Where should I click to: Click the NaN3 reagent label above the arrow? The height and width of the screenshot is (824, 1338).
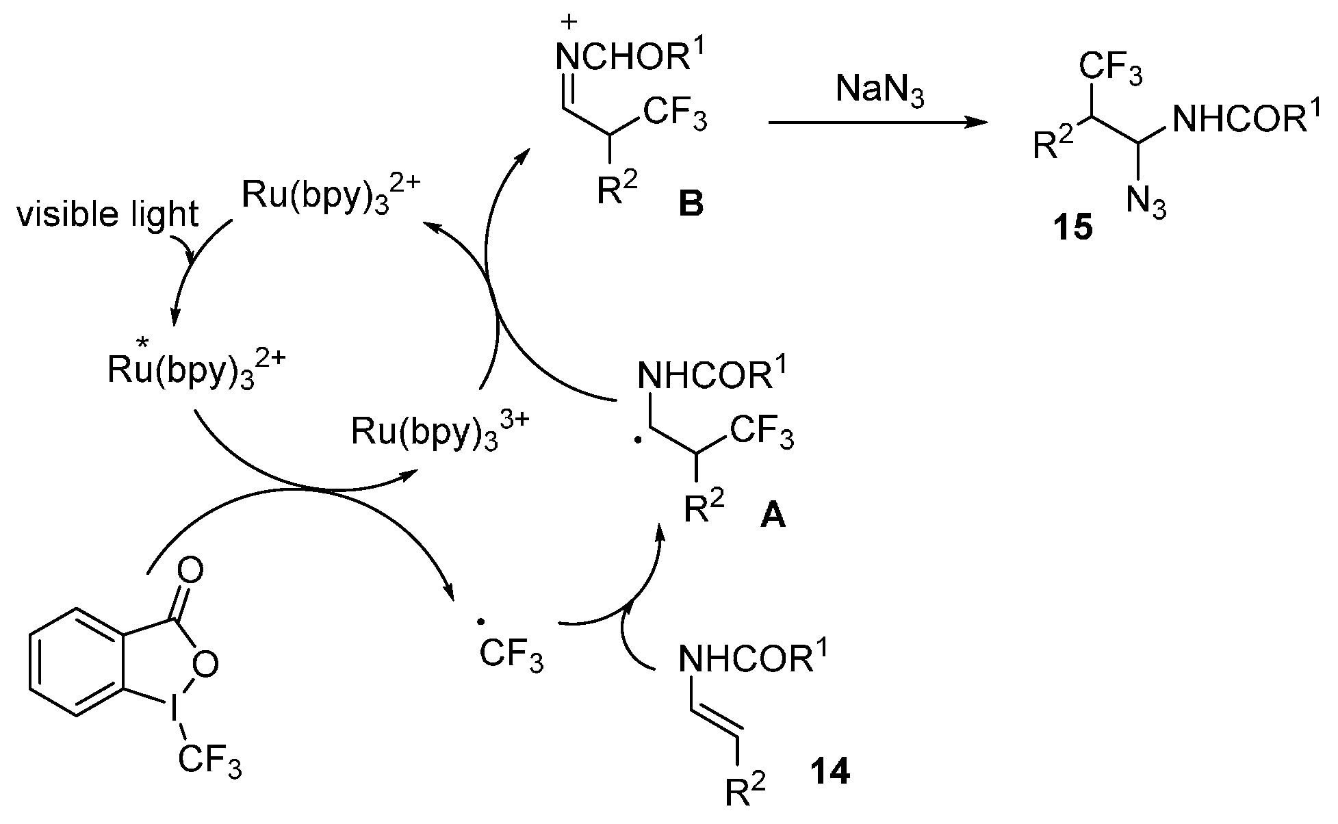[x=880, y=92]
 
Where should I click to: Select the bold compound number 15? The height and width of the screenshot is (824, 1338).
[x=1072, y=227]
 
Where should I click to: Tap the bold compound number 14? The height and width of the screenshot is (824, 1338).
[x=829, y=773]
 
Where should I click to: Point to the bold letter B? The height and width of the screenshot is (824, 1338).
[x=691, y=204]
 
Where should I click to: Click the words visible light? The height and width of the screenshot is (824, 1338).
[x=107, y=215]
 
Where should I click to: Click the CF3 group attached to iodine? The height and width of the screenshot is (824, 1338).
[x=209, y=762]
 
